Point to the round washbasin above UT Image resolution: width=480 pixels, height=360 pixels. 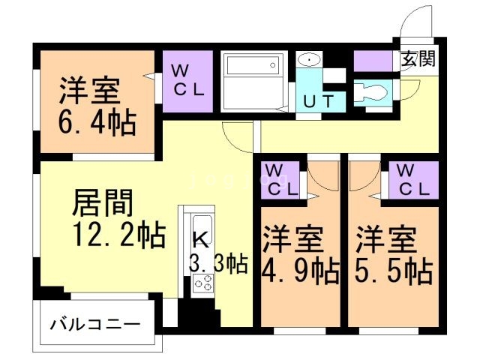(307, 60)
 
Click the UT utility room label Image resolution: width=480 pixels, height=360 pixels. (320, 100)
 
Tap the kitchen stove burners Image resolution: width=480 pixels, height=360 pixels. (202, 283)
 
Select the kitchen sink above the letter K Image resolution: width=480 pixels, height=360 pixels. (202, 224)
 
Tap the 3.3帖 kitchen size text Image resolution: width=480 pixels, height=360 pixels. (218, 263)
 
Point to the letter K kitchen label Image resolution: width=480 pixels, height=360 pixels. (200, 241)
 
